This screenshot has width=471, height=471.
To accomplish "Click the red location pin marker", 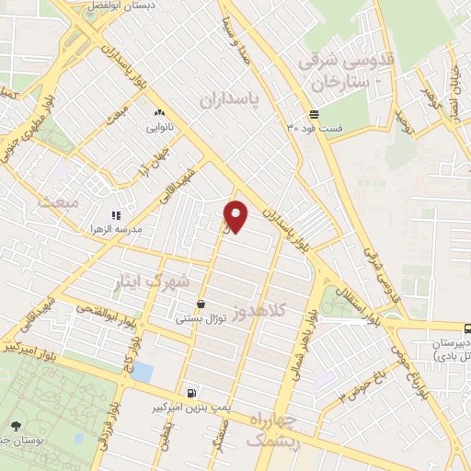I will point(237,215).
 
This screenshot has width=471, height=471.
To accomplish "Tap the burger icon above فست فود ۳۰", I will point(315,114).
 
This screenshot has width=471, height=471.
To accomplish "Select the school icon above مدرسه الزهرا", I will point(116,214).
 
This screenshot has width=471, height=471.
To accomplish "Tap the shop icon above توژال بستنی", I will point(201,304).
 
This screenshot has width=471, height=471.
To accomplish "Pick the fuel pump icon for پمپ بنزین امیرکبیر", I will point(190,393).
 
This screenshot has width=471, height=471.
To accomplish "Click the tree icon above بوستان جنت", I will point(17,425).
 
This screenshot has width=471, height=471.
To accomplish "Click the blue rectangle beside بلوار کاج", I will point(142,373).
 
